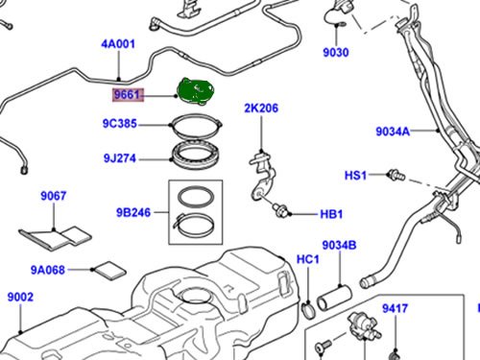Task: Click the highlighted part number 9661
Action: [x=127, y=95]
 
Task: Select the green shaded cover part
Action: [x=196, y=91]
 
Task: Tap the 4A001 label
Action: [x=118, y=44]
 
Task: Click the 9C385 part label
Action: [x=120, y=124]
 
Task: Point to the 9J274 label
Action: [x=120, y=158]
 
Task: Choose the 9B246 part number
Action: [x=133, y=212]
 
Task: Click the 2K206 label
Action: [x=261, y=108]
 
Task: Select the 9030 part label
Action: [x=336, y=52]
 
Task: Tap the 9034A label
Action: [x=393, y=132]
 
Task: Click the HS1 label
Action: [x=355, y=176]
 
